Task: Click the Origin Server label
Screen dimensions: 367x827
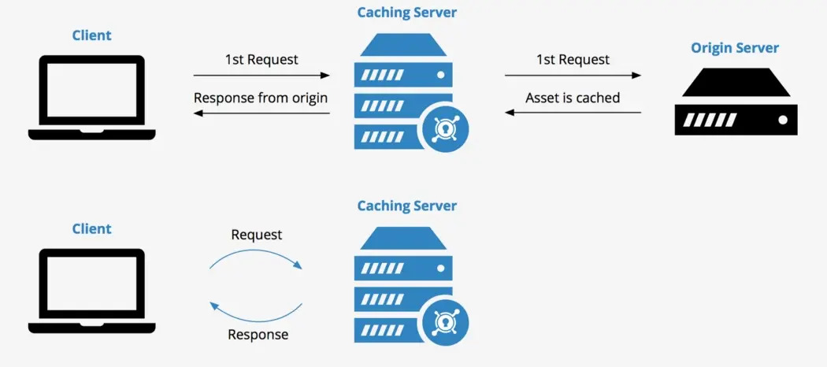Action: [x=735, y=48]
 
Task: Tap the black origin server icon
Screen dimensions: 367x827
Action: [x=735, y=102]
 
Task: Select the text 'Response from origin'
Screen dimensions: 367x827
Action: [x=261, y=98]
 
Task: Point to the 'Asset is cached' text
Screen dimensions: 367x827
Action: [x=573, y=98]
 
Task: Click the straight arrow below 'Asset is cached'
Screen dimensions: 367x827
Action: [x=573, y=113]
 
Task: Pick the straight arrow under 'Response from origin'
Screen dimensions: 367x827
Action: [x=261, y=113]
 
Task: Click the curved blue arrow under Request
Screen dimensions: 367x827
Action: [x=256, y=258]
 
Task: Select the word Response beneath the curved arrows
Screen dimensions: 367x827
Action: [x=258, y=335]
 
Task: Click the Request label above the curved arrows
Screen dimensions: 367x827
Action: [x=256, y=235]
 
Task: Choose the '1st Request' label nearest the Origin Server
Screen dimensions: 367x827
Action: [x=573, y=60]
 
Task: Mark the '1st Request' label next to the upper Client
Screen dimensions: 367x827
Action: [x=261, y=60]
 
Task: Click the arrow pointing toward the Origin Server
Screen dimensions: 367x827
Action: [x=573, y=76]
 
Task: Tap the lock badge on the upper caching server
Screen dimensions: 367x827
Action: [x=446, y=129]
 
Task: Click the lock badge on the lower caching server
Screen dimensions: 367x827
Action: [x=446, y=322]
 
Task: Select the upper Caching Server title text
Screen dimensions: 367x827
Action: [x=406, y=13]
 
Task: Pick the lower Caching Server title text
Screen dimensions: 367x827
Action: [x=406, y=206]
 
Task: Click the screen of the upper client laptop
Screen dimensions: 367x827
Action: [x=91, y=91]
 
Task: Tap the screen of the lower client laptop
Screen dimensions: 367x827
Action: [x=91, y=284]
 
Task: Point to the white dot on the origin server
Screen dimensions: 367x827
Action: [x=782, y=120]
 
